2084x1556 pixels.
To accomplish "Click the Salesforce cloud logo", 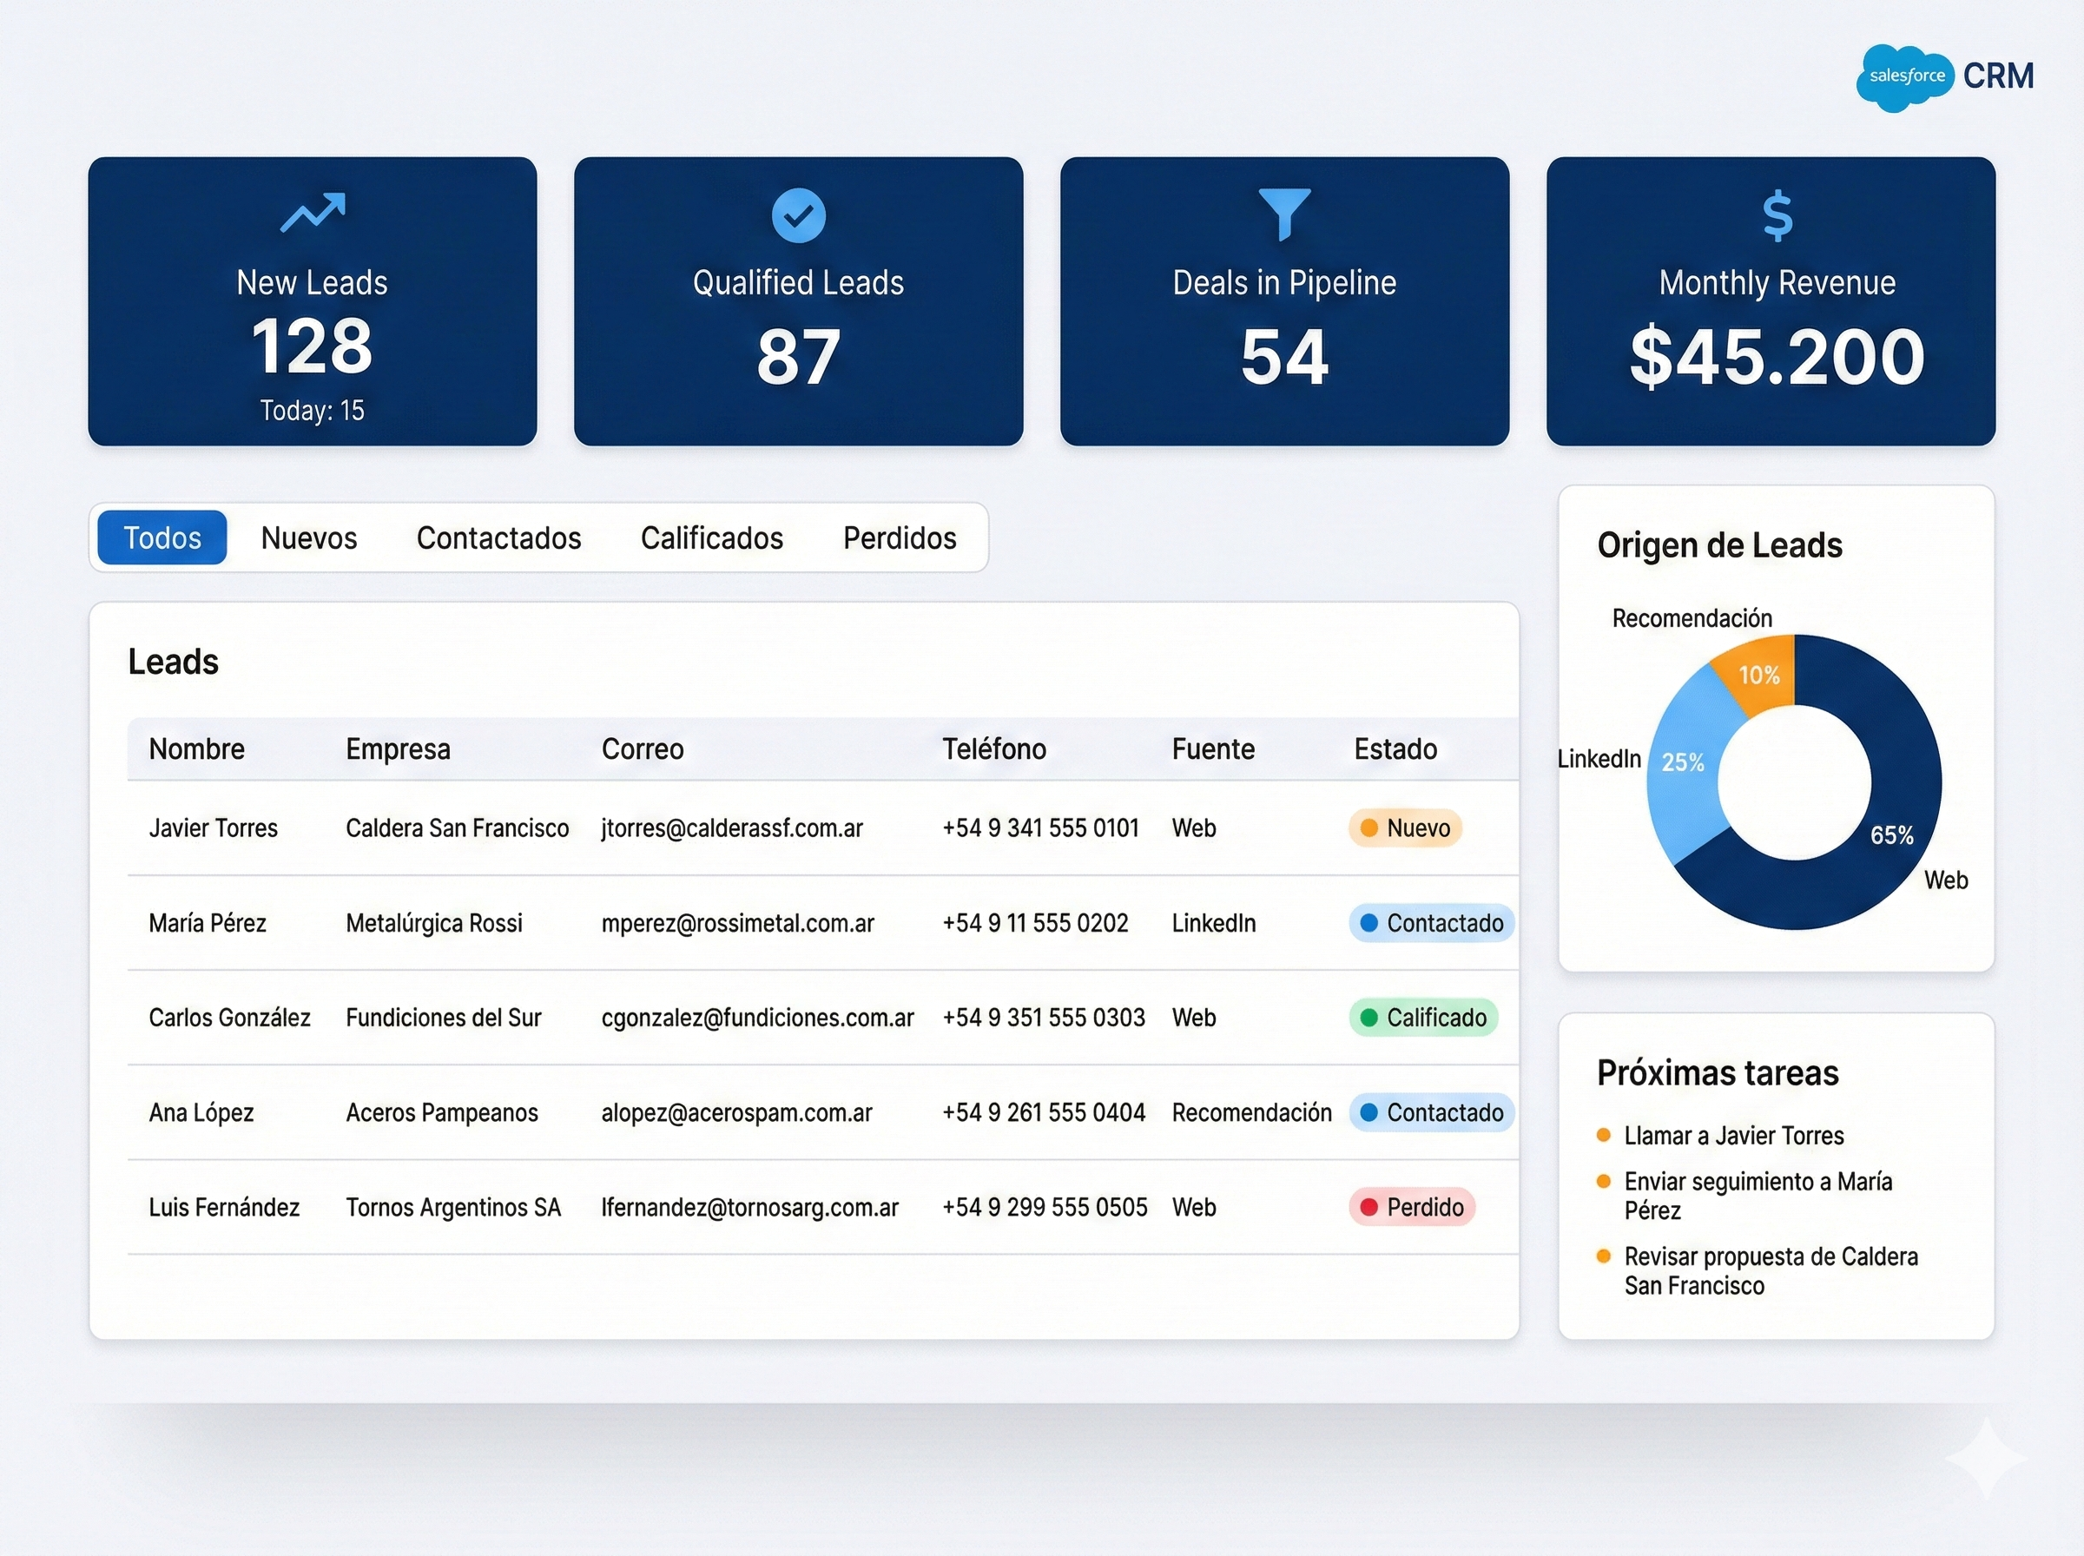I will coord(1905,77).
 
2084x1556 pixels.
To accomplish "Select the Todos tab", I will coord(162,537).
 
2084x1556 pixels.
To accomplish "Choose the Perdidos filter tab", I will coord(900,537).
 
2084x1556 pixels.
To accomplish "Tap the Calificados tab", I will coord(712,537).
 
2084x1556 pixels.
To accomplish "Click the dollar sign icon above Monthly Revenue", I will coord(1777,215).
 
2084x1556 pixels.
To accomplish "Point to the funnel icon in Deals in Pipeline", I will coord(1283,214).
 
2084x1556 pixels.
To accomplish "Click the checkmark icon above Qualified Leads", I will coord(799,215).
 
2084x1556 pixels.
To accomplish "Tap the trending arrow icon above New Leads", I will coord(313,213).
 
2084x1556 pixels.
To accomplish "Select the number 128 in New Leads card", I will coord(312,346).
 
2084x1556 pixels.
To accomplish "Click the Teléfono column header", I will coord(993,748).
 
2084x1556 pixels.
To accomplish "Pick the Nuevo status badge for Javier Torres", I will coord(1405,827).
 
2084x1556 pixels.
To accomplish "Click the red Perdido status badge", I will coord(1412,1207).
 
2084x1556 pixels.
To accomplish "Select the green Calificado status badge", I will coord(1423,1018).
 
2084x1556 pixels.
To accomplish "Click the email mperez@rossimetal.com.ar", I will coord(737,923).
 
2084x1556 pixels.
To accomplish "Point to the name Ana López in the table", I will coord(201,1112).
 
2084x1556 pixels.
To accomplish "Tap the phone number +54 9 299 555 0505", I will coord(1045,1207).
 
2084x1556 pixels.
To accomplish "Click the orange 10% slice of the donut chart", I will coord(1758,675).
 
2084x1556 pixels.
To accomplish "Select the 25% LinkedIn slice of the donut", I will coord(1683,762).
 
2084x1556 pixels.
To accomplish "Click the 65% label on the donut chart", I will coord(1891,834).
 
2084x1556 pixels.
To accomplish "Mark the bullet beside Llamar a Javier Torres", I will coord(1604,1135).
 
